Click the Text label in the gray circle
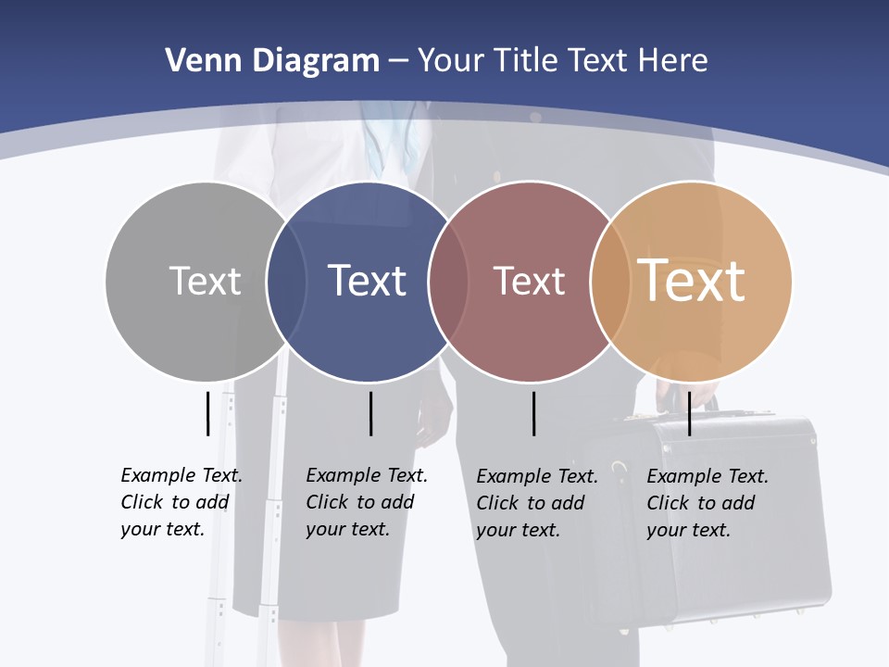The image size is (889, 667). point(205,281)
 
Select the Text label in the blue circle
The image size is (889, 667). point(367,281)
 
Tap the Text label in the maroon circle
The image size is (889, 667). point(529,281)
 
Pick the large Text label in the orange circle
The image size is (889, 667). point(692,280)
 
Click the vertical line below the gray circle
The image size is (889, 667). point(207,413)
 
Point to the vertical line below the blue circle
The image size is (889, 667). point(370,413)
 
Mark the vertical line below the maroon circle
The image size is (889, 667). point(533,413)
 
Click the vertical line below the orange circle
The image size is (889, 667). point(689,413)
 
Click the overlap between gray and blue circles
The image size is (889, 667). point(286,281)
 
